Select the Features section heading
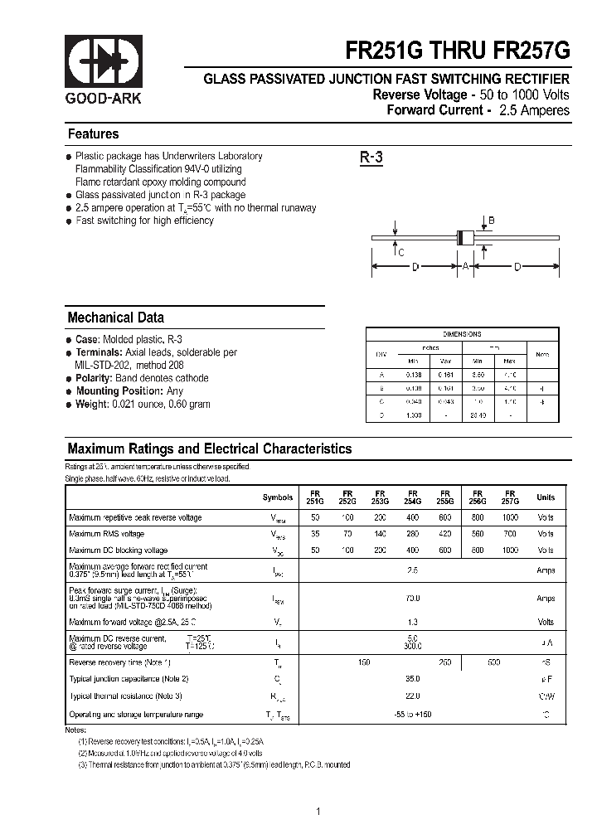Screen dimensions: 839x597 click(x=93, y=134)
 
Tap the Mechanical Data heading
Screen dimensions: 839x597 click(x=115, y=318)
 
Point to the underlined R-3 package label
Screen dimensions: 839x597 click(x=371, y=158)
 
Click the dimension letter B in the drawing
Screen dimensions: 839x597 click(x=491, y=221)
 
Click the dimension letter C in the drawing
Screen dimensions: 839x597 click(x=400, y=253)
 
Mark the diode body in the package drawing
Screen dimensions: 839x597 click(x=465, y=236)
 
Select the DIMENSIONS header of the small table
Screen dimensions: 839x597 click(x=462, y=334)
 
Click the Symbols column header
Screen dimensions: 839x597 click(x=278, y=497)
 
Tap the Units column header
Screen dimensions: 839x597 click(x=546, y=497)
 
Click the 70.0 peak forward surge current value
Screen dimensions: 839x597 click(x=413, y=598)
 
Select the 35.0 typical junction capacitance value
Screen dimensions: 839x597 click(x=413, y=678)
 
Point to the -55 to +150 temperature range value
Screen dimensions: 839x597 click(x=413, y=715)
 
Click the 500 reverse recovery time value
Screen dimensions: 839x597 click(x=494, y=662)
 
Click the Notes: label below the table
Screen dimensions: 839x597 click(x=75, y=730)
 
